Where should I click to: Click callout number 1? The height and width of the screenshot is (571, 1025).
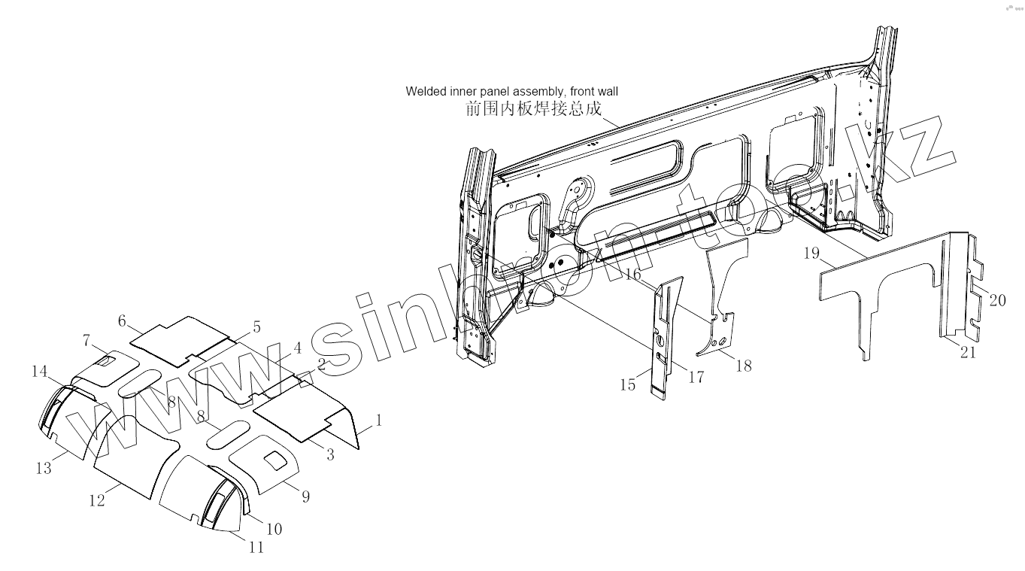pyautogui.click(x=379, y=421)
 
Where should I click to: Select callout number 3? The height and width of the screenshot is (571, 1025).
pyautogui.click(x=330, y=454)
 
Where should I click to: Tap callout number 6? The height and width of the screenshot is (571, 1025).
pyautogui.click(x=122, y=320)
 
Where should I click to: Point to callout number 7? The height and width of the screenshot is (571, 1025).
pyautogui.click(x=86, y=341)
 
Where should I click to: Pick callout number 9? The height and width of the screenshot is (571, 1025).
pyautogui.click(x=305, y=497)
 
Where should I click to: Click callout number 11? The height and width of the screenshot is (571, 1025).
pyautogui.click(x=256, y=547)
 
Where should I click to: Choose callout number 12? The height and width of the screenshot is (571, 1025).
pyautogui.click(x=97, y=500)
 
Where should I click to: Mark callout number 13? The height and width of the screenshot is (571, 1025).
pyautogui.click(x=44, y=468)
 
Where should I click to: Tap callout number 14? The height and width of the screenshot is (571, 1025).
pyautogui.click(x=40, y=371)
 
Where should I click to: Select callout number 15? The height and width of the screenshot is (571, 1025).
pyautogui.click(x=628, y=385)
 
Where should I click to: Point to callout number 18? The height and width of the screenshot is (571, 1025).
pyautogui.click(x=743, y=366)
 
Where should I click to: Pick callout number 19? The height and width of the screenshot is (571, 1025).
pyautogui.click(x=811, y=254)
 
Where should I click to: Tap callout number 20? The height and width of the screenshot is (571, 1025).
pyautogui.click(x=997, y=300)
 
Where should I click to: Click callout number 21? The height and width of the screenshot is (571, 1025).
pyautogui.click(x=968, y=351)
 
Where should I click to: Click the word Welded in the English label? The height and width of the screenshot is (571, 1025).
pyautogui.click(x=426, y=91)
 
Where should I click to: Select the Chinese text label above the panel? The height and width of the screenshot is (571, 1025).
pyautogui.click(x=534, y=109)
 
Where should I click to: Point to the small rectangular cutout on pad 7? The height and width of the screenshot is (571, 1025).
pyautogui.click(x=107, y=362)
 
